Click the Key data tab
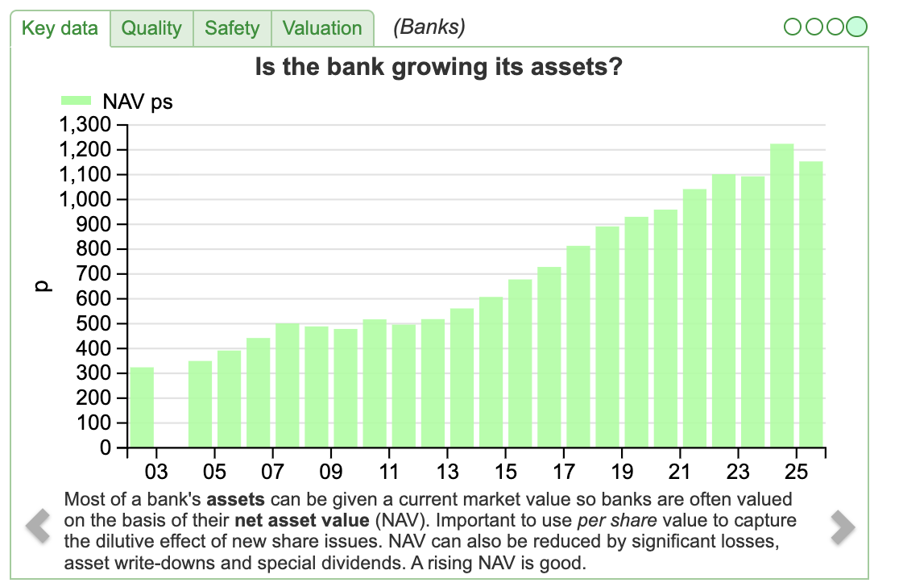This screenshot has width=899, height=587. click(x=60, y=28)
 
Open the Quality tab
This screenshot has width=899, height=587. click(x=151, y=28)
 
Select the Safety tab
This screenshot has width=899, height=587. click(x=232, y=28)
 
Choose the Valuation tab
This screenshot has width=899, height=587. click(x=322, y=28)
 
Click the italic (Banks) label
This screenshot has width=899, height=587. click(x=429, y=27)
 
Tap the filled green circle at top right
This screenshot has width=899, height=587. click(x=857, y=27)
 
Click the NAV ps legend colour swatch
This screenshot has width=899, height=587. click(x=77, y=102)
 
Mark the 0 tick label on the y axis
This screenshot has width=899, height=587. click(x=105, y=448)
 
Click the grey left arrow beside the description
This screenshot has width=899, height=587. click(x=37, y=527)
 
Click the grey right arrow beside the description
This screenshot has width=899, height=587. click(x=843, y=527)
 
